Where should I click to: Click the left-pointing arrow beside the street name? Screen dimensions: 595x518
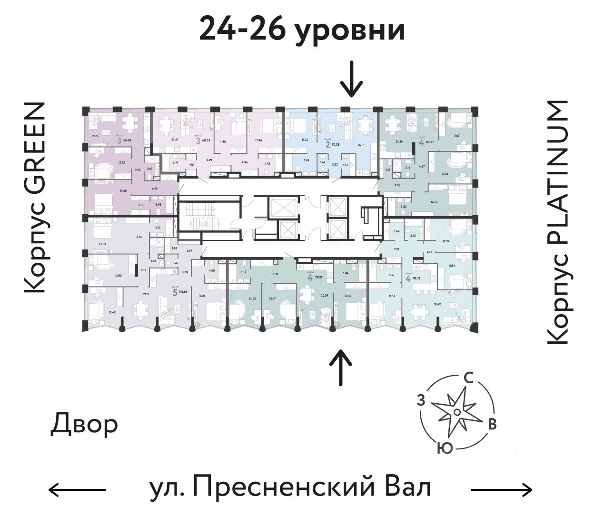pos(77,489)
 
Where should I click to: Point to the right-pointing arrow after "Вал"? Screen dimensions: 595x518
pos(501,489)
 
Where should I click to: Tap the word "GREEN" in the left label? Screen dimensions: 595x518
pos(35,150)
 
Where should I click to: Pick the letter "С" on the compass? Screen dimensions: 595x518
pos(468,378)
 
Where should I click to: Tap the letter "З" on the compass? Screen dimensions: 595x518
pos(421,400)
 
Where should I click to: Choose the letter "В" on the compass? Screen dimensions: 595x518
pos(493,424)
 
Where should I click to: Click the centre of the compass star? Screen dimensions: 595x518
pos(456,411)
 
